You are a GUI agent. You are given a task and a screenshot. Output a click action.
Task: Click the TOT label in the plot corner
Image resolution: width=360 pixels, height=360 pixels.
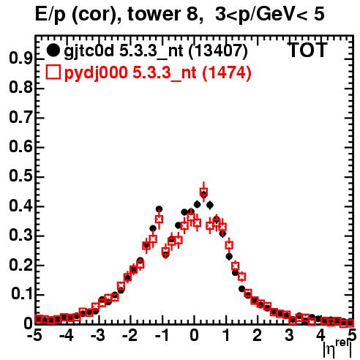coord(307,50)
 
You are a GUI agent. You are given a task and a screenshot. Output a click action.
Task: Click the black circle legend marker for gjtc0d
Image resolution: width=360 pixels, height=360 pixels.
coord(53,50)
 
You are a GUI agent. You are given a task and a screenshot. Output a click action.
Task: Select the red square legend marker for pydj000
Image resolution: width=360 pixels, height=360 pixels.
coord(53,72)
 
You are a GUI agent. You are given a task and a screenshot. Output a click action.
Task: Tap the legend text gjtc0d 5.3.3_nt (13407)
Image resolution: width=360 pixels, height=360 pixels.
coord(156,51)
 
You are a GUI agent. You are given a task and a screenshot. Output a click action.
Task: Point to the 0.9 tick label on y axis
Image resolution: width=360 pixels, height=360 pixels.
coord(20,59)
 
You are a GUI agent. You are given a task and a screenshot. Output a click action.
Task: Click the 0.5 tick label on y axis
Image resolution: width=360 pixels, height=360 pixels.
coord(20,176)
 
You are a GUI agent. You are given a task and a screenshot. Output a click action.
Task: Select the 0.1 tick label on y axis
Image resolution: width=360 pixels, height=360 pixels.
coord(22,294)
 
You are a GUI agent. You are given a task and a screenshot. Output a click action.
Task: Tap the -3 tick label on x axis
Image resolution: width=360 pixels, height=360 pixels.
coord(98,335)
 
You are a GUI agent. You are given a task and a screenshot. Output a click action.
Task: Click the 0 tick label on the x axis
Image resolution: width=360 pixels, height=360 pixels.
coord(194,335)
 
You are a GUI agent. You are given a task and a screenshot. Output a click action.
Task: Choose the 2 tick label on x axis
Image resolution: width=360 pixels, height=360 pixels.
coord(258,335)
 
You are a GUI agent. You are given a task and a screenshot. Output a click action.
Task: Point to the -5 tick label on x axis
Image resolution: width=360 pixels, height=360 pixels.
coord(34,335)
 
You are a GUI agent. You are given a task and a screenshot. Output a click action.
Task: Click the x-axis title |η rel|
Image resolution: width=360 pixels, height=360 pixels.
coord(337,348)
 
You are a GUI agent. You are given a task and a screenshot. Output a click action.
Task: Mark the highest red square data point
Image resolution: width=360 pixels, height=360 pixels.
coord(203,192)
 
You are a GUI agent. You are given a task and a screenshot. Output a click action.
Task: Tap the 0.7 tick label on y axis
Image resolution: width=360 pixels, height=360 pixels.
coord(20,118)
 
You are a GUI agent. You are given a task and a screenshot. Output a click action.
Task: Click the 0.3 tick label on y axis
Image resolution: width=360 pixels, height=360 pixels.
coord(20,236)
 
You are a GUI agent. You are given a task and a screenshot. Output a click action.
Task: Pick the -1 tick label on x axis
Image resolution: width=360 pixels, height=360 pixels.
coord(161,335)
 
